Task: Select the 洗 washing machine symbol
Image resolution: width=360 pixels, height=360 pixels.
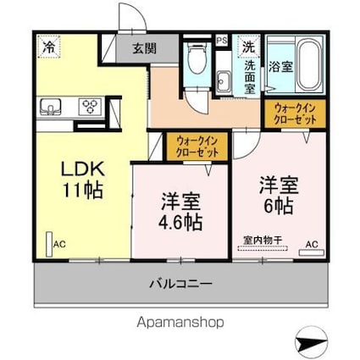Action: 248,46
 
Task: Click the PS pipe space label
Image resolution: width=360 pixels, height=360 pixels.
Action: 221,39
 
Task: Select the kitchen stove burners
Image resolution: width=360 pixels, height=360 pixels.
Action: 89,106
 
